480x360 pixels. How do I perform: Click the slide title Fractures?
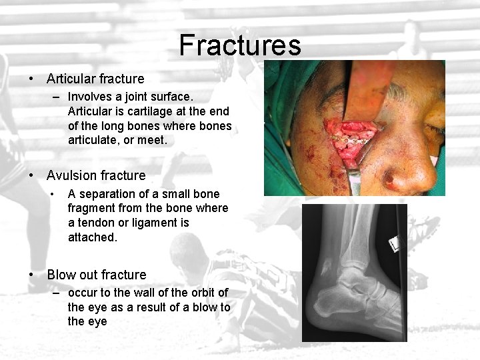click(240, 45)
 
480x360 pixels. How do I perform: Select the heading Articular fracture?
click(95, 79)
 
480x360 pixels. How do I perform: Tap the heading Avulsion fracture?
click(96, 175)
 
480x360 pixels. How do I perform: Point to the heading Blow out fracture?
click(97, 275)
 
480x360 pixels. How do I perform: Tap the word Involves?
click(90, 97)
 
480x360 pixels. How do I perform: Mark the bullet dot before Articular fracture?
click(32, 79)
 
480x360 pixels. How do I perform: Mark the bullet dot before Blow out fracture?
click(32, 275)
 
